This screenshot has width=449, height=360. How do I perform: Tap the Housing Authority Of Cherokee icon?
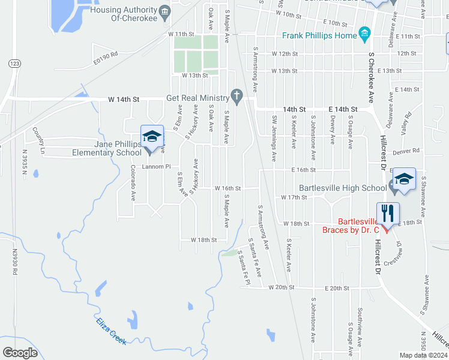tap(164, 11)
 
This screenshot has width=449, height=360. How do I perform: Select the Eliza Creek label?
tap(111, 330)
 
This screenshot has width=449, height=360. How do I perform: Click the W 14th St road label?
tap(124, 99)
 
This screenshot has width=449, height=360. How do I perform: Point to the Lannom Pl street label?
tap(157, 167)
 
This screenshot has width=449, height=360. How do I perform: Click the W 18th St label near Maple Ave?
tap(203, 239)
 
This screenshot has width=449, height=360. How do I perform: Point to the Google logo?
tap(20, 353)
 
